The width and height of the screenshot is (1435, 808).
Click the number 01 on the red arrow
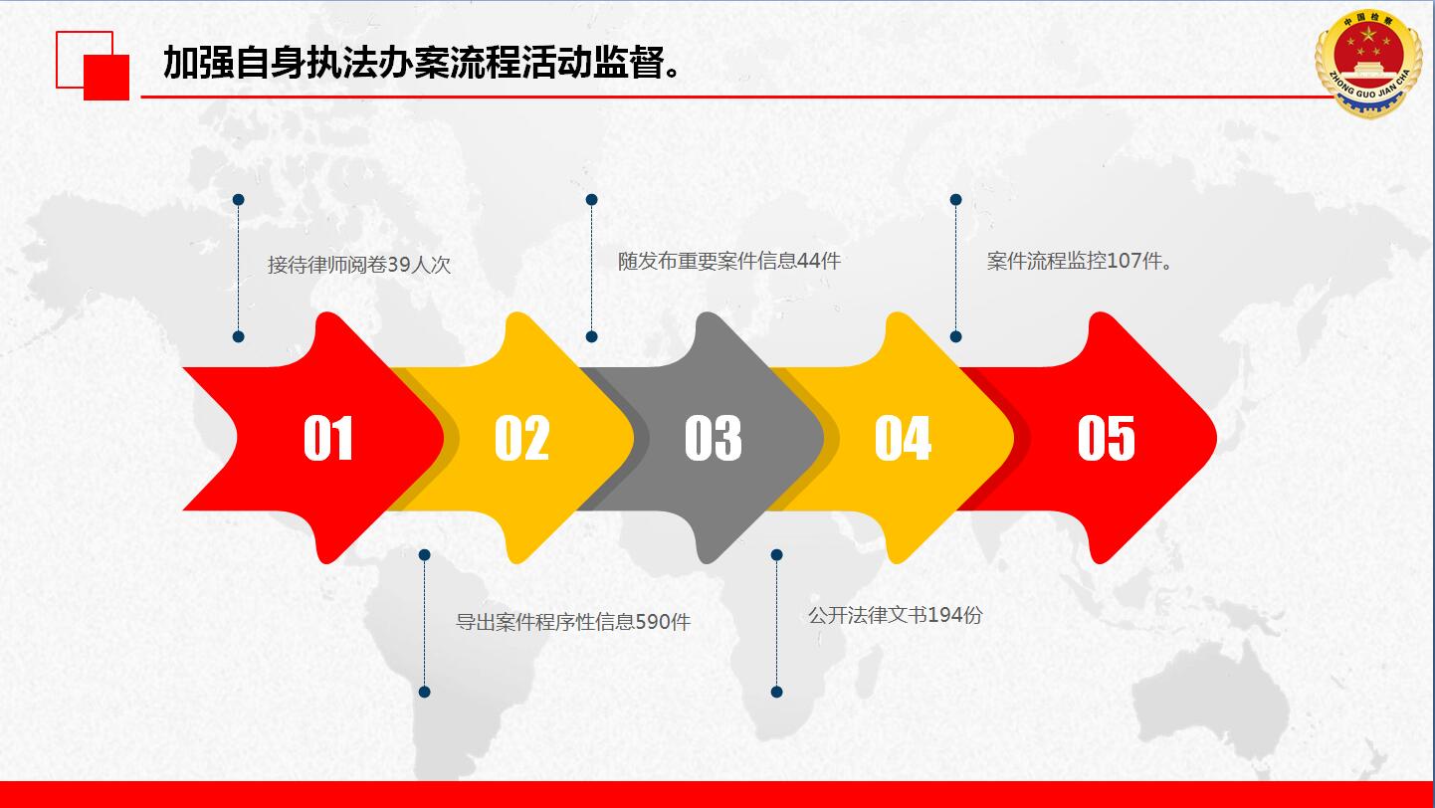pos(328,438)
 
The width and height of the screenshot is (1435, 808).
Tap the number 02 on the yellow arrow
pos(521,438)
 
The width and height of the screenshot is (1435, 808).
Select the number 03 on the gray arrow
pos(713,438)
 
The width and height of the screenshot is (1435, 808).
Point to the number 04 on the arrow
pos(903,438)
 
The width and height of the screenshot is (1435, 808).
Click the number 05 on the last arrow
pos(1106,438)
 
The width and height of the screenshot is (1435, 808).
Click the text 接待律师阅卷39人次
pos(359,265)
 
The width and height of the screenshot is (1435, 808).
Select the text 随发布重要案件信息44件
pos(729,261)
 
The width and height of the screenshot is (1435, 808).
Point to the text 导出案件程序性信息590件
pos(573,622)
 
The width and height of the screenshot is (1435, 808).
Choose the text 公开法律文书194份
pos(895,615)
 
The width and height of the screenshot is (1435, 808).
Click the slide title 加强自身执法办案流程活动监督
pos(421,63)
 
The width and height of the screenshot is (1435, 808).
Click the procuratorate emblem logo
pos(1368,63)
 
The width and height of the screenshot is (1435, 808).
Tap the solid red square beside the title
pos(106,78)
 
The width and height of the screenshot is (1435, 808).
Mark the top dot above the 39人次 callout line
pos(238,200)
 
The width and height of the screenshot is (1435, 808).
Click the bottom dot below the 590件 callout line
pos(424,692)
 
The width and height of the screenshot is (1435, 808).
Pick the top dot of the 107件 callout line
pos(955,200)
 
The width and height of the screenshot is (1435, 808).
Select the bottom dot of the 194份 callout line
pos(776,692)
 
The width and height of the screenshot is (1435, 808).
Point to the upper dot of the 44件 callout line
pos(591,200)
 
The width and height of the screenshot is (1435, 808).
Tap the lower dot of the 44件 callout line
pos(591,336)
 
